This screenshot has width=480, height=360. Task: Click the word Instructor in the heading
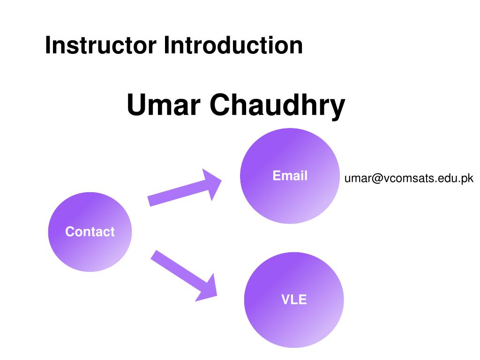[x=101, y=45]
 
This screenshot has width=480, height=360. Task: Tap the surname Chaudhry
[x=277, y=106]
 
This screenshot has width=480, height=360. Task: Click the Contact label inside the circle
[x=90, y=232]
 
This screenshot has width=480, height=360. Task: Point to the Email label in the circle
[x=290, y=176]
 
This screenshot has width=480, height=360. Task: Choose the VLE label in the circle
[x=294, y=300]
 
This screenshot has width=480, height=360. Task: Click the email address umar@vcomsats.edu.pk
[x=409, y=179]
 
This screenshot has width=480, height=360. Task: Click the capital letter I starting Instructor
[x=47, y=45]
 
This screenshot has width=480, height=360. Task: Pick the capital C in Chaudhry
[x=220, y=105]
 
